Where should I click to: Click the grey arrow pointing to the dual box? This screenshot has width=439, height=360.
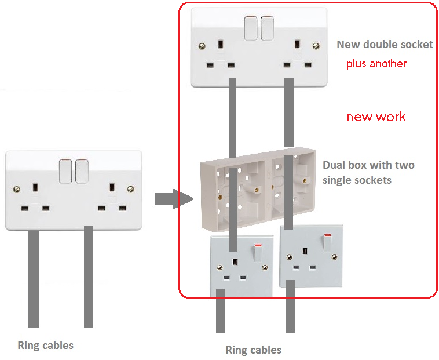[173, 199]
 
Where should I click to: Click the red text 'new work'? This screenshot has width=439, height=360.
[376, 117]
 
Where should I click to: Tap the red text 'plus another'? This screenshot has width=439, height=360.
[376, 63]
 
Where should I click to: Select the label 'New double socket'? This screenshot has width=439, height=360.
[385, 44]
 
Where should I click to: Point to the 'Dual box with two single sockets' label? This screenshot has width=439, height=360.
[368, 172]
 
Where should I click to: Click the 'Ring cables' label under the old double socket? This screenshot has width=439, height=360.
[46, 346]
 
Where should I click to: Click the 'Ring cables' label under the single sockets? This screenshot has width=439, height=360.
[253, 350]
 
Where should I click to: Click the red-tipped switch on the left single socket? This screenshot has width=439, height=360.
[258, 252]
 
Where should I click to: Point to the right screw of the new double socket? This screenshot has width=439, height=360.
[316, 46]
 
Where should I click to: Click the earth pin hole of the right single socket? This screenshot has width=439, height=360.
[304, 252]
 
